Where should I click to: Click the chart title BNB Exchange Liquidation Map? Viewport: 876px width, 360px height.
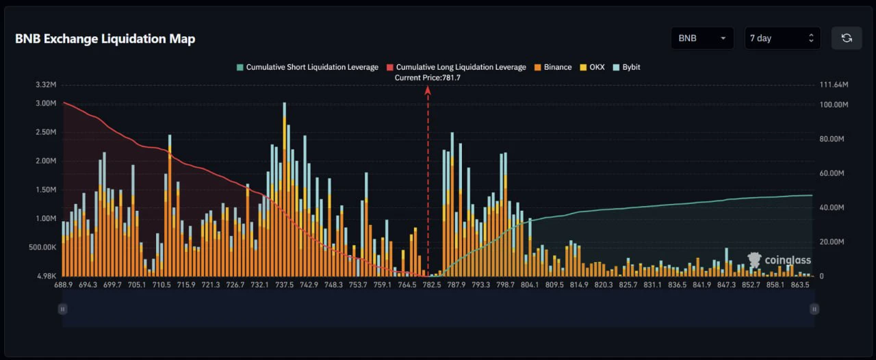[x=105, y=39]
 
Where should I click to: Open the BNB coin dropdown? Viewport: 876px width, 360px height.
[x=702, y=38]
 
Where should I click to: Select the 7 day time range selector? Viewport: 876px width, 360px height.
[x=782, y=38]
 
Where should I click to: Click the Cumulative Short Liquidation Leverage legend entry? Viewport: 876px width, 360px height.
[x=307, y=67]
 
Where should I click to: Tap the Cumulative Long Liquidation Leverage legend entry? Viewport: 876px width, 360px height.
[x=456, y=67]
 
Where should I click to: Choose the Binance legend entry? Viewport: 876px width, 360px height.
[x=553, y=67]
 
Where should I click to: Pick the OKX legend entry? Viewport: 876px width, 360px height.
[x=592, y=67]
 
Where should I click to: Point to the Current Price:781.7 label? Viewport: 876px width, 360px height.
[x=428, y=78]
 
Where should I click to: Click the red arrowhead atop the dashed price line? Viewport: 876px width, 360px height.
[x=428, y=90]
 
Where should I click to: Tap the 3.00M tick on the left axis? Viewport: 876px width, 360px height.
[x=46, y=103]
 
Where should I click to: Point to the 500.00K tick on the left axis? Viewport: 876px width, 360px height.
[x=42, y=247]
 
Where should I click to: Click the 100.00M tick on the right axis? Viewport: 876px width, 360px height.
[x=834, y=105]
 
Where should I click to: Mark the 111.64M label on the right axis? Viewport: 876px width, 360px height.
[x=834, y=84]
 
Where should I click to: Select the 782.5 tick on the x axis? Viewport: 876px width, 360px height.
[x=432, y=285]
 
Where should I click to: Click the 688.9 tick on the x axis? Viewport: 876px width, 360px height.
[x=64, y=285]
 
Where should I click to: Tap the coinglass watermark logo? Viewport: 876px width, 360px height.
[x=779, y=260]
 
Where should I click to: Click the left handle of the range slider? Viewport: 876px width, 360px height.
[x=62, y=309]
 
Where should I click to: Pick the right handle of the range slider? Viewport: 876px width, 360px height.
[x=814, y=309]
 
